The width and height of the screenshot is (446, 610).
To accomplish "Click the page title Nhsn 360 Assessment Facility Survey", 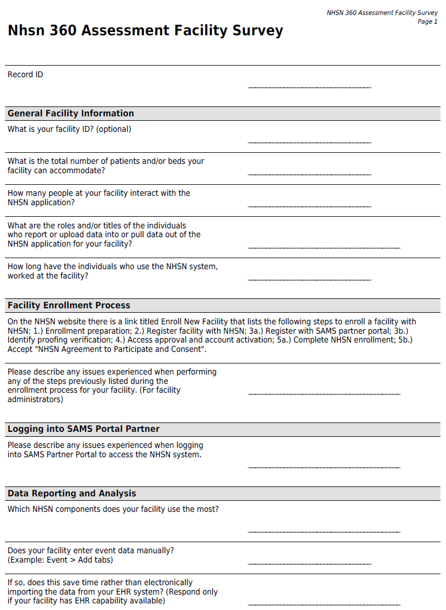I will click(x=145, y=31).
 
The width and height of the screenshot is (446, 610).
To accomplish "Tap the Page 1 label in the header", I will click(x=427, y=22).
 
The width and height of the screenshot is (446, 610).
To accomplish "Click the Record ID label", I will click(x=25, y=74).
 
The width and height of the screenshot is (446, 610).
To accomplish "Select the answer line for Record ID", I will click(x=309, y=87).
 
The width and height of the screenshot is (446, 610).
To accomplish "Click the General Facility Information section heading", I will click(x=71, y=114).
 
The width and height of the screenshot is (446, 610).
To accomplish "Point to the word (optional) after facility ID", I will click(x=114, y=129).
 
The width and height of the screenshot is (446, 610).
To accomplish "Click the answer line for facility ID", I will click(x=309, y=142).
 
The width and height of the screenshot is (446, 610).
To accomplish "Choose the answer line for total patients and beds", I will click(x=309, y=174).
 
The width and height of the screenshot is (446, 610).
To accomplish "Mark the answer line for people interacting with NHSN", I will click(x=309, y=206).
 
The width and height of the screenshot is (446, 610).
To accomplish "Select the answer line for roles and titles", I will click(x=324, y=248).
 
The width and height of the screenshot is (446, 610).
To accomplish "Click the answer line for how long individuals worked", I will click(x=309, y=280).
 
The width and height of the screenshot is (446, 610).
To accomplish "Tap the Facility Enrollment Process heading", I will click(x=69, y=306).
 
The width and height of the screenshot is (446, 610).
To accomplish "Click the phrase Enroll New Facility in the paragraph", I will click(x=195, y=322).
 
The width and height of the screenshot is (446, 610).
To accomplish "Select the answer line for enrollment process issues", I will click(x=324, y=394).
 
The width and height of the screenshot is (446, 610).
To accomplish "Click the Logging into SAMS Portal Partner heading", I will click(x=83, y=429).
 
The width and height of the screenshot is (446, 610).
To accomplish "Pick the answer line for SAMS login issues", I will click(x=324, y=468).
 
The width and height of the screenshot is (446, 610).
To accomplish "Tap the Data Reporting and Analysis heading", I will click(x=72, y=494).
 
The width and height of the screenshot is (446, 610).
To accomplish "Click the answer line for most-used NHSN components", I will click(x=324, y=532).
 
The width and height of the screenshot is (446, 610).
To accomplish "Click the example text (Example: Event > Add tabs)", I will click(x=60, y=560).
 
